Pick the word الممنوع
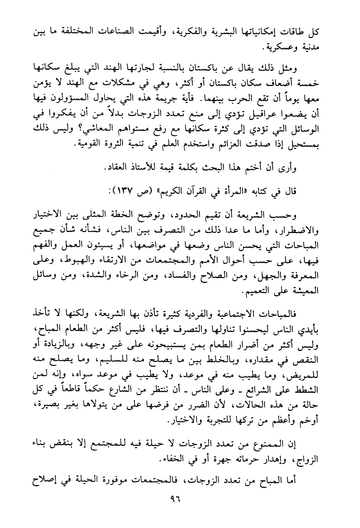coord(275,444)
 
